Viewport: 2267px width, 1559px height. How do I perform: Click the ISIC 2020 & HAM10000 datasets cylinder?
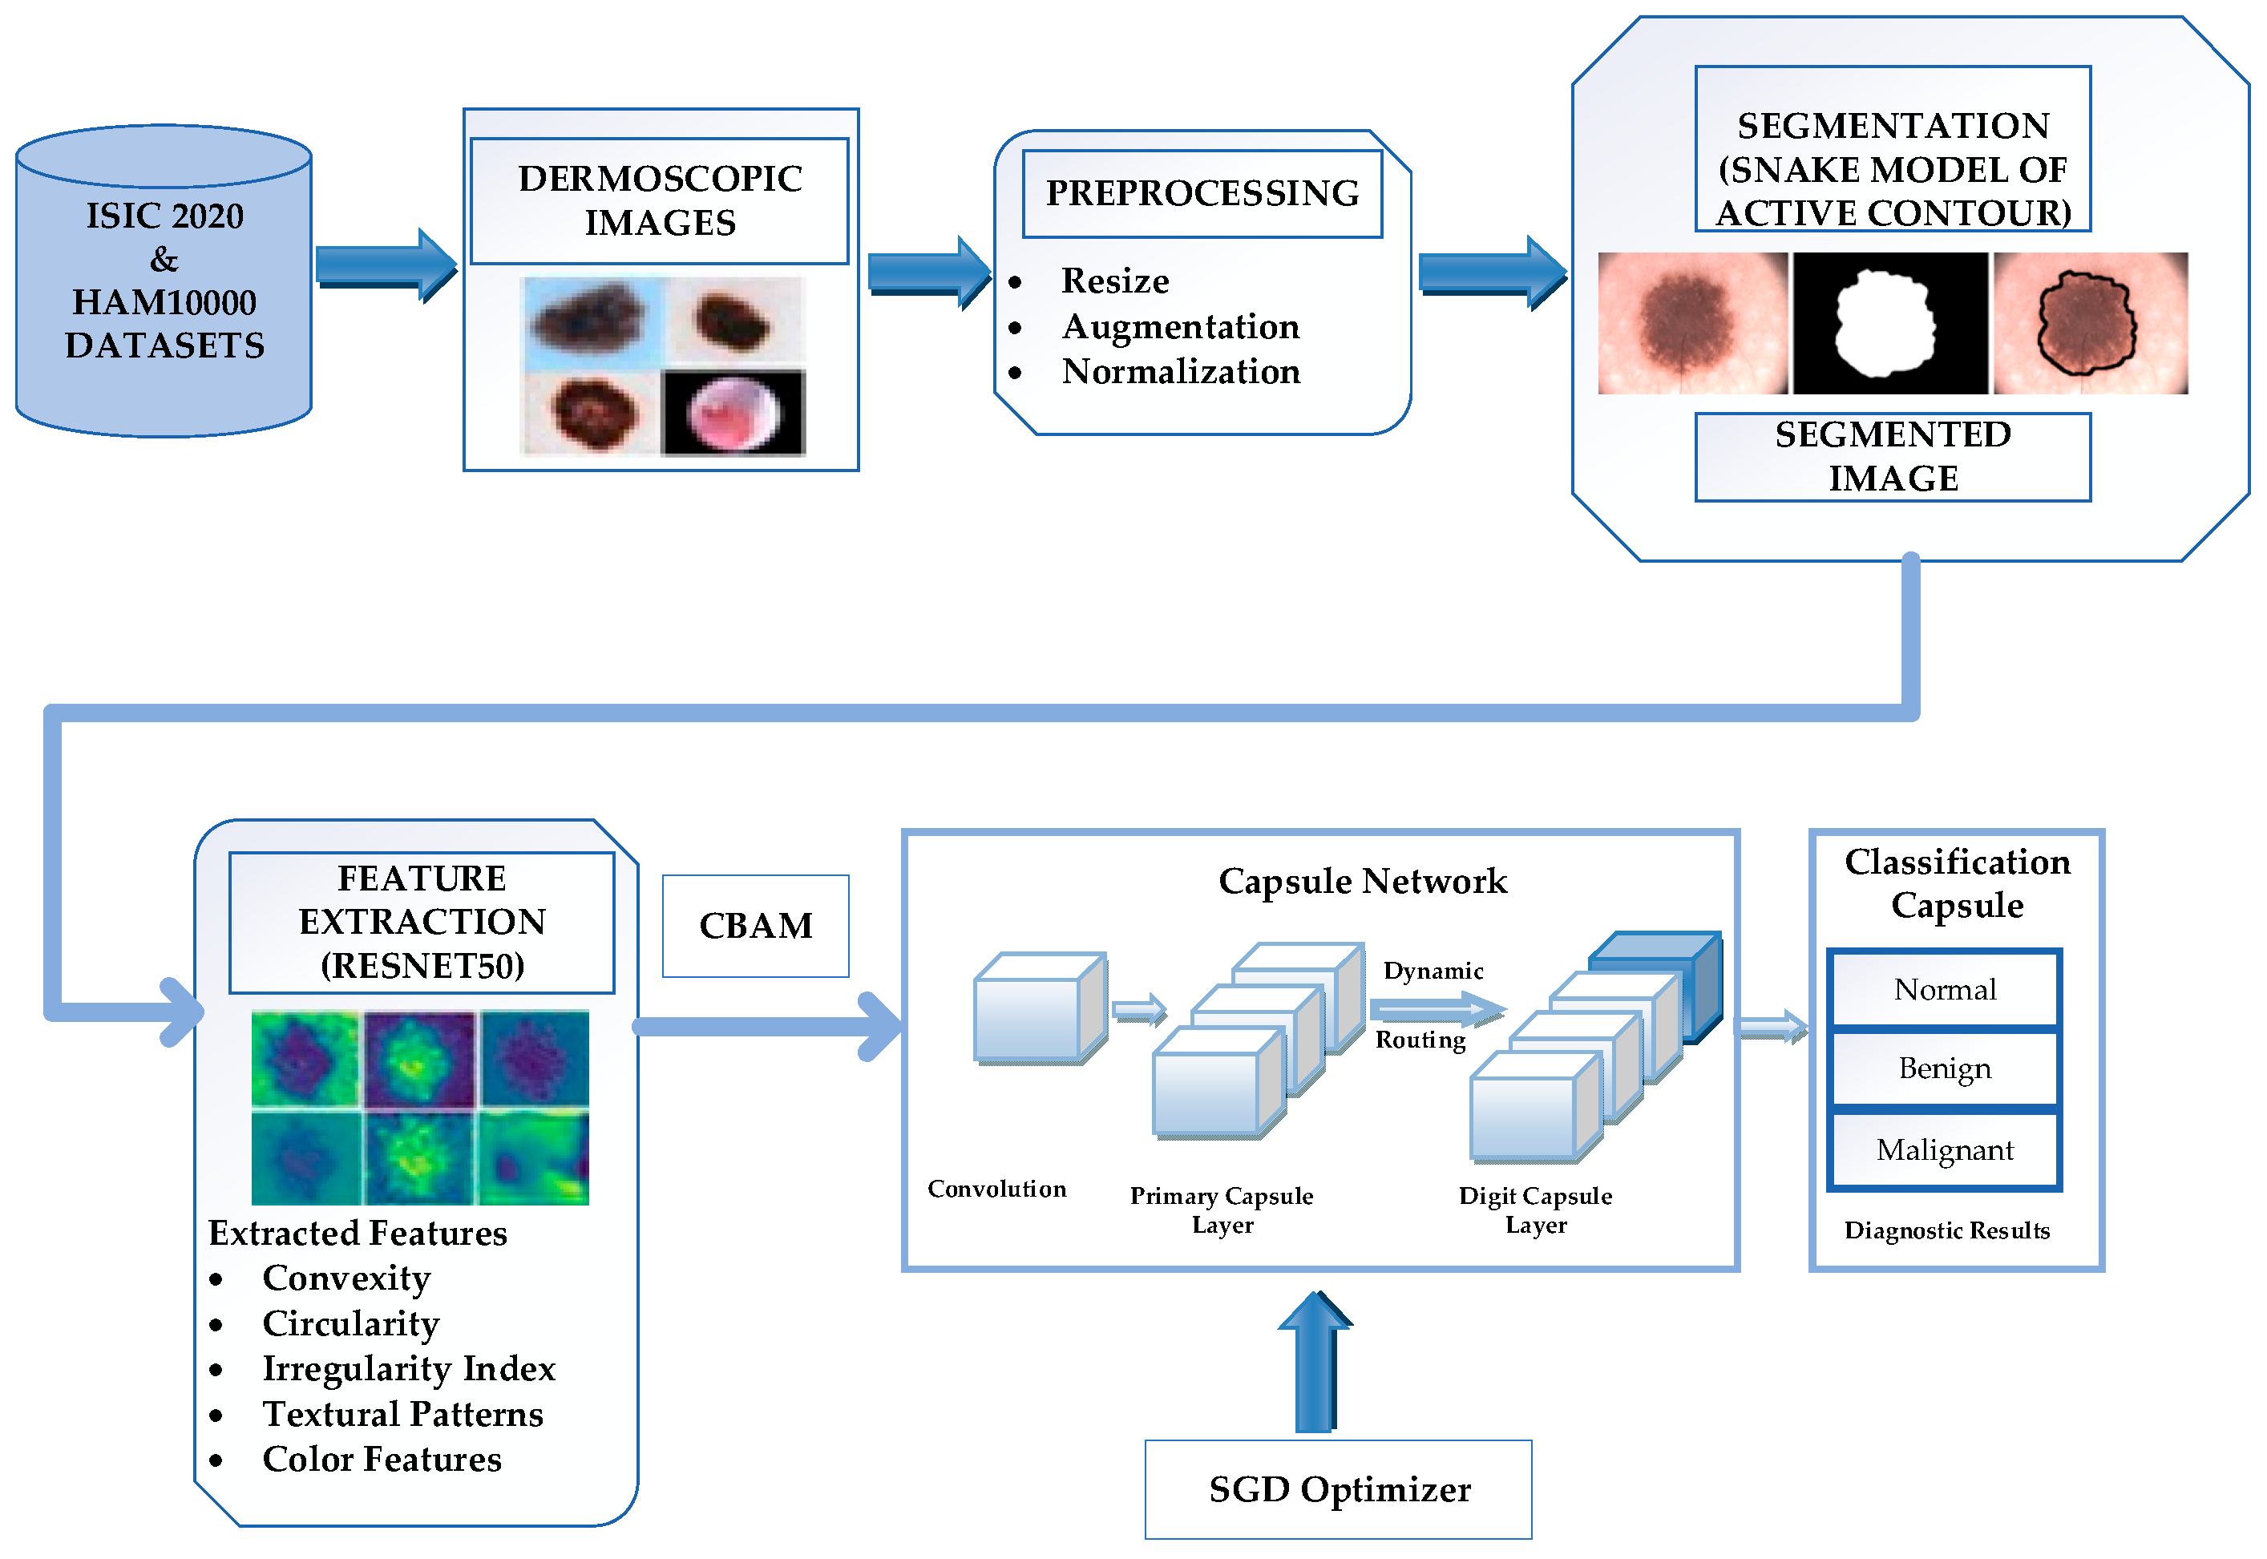point(164,281)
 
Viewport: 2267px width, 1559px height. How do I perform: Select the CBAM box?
point(755,926)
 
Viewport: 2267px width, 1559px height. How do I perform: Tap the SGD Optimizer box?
point(1338,1489)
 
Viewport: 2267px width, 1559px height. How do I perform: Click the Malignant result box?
point(1945,1149)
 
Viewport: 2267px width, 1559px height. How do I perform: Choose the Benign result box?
point(1945,1068)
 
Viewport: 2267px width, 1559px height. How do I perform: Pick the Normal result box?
point(1945,990)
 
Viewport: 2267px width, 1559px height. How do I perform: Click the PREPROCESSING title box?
point(1202,193)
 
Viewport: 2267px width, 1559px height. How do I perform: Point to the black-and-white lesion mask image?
point(1890,323)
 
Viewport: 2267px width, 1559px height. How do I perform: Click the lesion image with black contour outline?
point(2090,323)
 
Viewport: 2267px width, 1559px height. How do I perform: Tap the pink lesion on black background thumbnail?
point(733,413)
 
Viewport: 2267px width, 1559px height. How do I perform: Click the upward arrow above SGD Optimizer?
point(1315,1363)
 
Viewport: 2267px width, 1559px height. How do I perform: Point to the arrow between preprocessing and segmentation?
point(1492,273)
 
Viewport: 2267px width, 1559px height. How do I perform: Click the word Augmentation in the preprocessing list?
point(1181,326)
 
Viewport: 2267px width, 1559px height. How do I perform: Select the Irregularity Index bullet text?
point(408,1368)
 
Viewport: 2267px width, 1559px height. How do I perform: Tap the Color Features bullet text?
point(382,1460)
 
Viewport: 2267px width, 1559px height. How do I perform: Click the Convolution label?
point(996,1189)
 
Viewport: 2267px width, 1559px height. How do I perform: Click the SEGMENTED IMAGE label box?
point(1892,456)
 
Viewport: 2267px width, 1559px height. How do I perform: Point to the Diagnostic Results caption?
point(1946,1231)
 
